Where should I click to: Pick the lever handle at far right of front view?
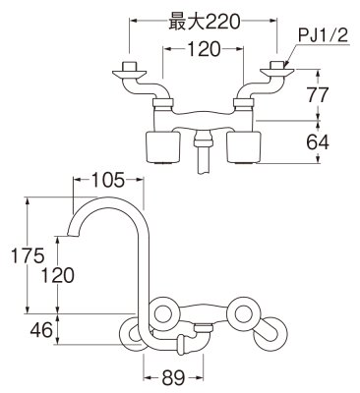pos(271,340)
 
